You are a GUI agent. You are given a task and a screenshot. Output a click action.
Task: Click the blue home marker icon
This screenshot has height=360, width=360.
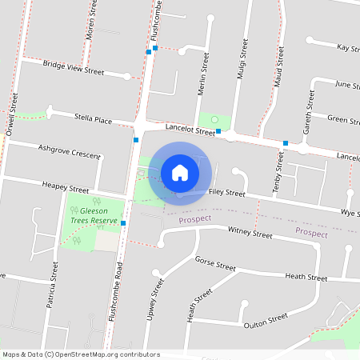(x=180, y=172)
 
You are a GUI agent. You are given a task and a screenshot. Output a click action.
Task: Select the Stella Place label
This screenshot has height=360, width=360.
(x=93, y=119)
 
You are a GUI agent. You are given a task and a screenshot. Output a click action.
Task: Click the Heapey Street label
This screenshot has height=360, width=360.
(x=66, y=186)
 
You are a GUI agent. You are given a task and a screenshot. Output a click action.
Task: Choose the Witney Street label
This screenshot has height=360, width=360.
(x=250, y=234)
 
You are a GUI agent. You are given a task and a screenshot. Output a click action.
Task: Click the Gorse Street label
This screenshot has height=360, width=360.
(x=215, y=265)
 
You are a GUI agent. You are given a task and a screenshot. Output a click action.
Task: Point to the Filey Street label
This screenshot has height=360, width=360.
(x=226, y=194)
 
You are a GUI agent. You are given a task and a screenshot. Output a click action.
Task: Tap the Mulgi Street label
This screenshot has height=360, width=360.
(x=240, y=62)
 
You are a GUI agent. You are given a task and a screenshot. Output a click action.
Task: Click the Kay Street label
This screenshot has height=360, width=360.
(x=348, y=48)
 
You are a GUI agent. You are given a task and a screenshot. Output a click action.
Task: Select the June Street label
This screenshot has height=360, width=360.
(x=346, y=84)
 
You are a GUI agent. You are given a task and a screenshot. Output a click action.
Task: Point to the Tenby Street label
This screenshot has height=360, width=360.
(x=279, y=174)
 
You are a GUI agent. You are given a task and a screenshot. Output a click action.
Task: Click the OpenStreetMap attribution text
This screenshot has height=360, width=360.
(x=81, y=354)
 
